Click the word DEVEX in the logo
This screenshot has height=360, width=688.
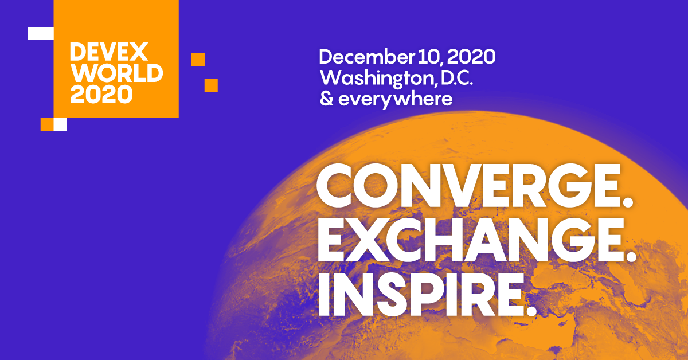pos(108,53)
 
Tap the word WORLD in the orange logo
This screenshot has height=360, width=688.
pos(116,73)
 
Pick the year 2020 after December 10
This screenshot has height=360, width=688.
pos(471,57)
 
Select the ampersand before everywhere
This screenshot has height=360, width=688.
pos(326,99)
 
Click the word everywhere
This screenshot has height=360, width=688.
pos(396,99)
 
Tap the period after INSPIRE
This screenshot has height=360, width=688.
pos(530,312)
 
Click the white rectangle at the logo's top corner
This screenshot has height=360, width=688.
pos(40,33)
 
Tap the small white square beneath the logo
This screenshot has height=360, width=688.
pos(60,124)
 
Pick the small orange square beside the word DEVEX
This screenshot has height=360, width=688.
pos(198,59)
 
